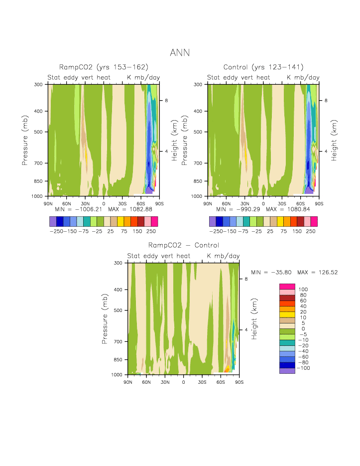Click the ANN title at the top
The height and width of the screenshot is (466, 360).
point(180,52)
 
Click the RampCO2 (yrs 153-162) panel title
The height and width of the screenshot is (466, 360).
point(104,67)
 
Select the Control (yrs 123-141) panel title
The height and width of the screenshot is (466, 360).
point(263,67)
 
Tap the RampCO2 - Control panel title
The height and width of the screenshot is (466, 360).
point(183,245)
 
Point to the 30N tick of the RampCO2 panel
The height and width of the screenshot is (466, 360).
point(85,203)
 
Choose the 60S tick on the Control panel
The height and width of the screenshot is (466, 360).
point(300,203)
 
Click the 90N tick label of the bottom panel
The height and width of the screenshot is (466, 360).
point(128,382)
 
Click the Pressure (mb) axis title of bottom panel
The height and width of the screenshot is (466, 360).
point(105,318)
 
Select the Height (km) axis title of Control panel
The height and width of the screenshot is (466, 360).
point(334,140)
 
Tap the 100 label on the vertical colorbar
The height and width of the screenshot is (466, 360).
point(303,290)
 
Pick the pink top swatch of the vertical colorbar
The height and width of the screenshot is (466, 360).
point(287,286)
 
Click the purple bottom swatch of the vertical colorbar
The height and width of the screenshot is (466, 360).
point(287,371)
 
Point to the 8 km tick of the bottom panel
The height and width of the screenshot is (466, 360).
point(246,279)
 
